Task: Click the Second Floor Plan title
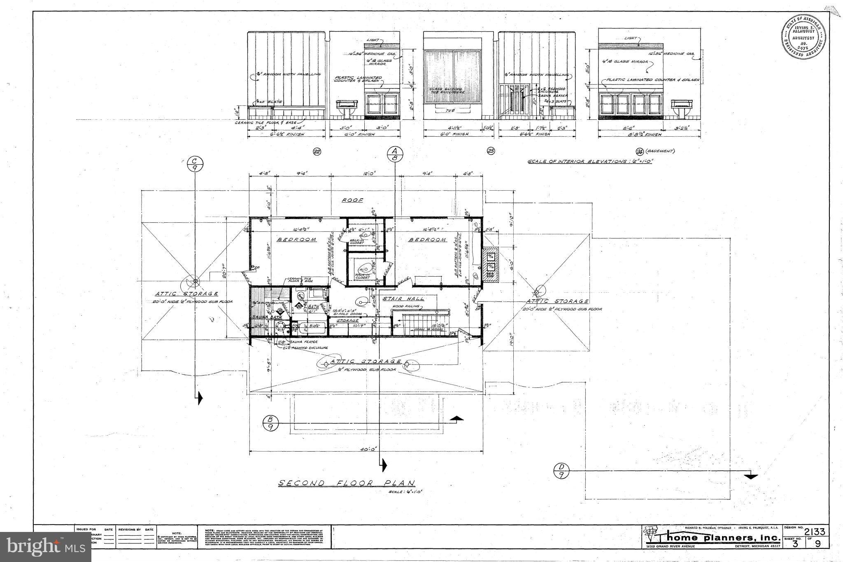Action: click(x=347, y=483)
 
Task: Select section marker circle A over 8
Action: click(x=395, y=153)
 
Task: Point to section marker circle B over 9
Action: click(x=271, y=423)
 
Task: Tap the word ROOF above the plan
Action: click(x=353, y=201)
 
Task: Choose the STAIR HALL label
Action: click(x=403, y=298)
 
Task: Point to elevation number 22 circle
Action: click(x=317, y=152)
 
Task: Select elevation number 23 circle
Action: click(x=491, y=152)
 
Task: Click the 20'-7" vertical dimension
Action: click(x=224, y=277)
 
